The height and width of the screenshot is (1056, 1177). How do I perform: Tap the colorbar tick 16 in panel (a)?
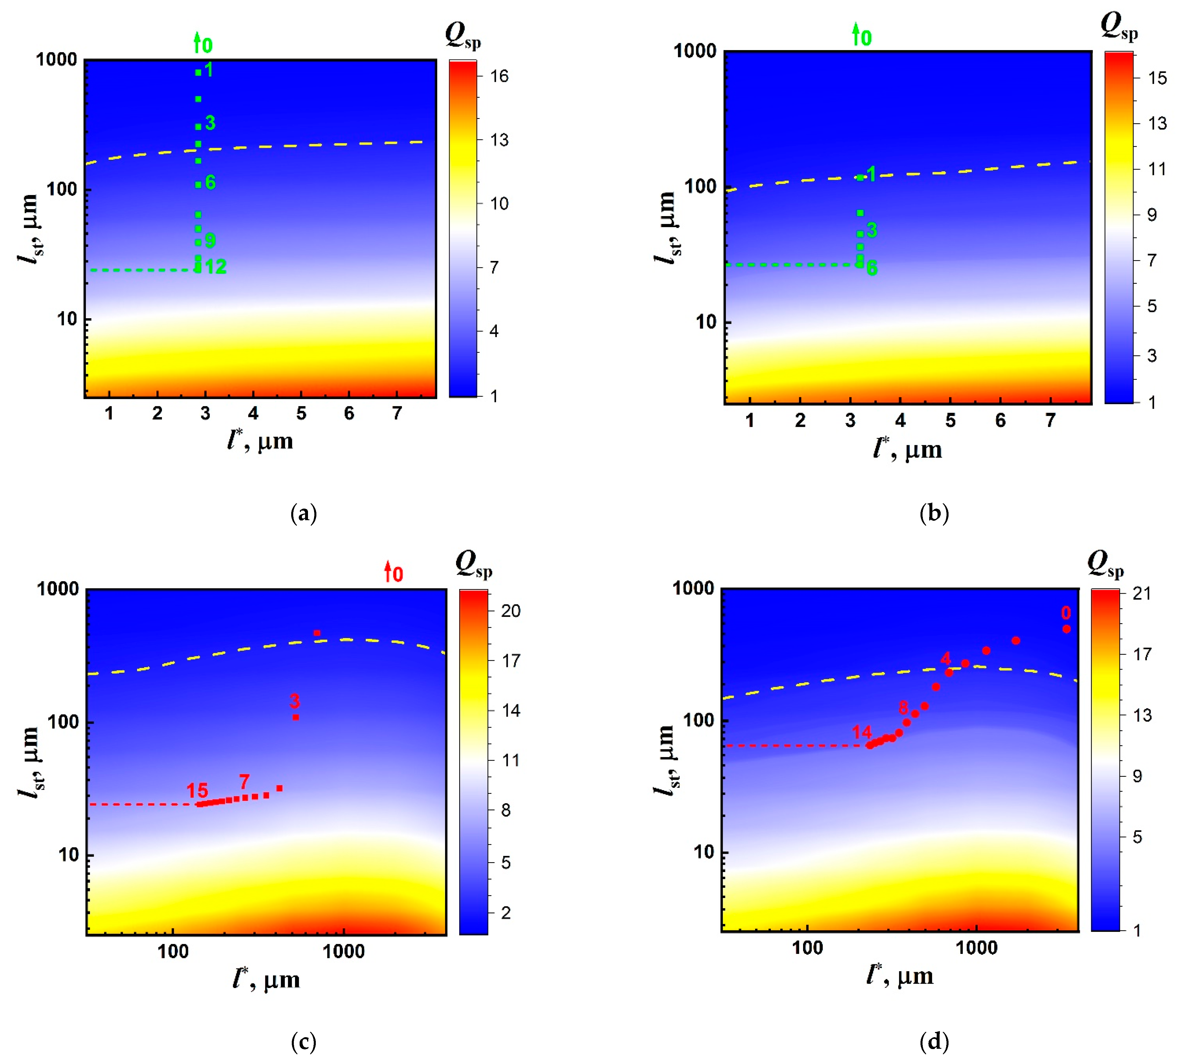(499, 76)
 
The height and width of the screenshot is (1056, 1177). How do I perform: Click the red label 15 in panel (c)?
(197, 790)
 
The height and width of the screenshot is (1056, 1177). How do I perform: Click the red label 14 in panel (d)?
(862, 732)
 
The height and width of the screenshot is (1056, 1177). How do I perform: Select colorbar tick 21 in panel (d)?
(1142, 593)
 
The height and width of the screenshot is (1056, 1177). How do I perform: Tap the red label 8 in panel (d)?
(903, 707)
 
